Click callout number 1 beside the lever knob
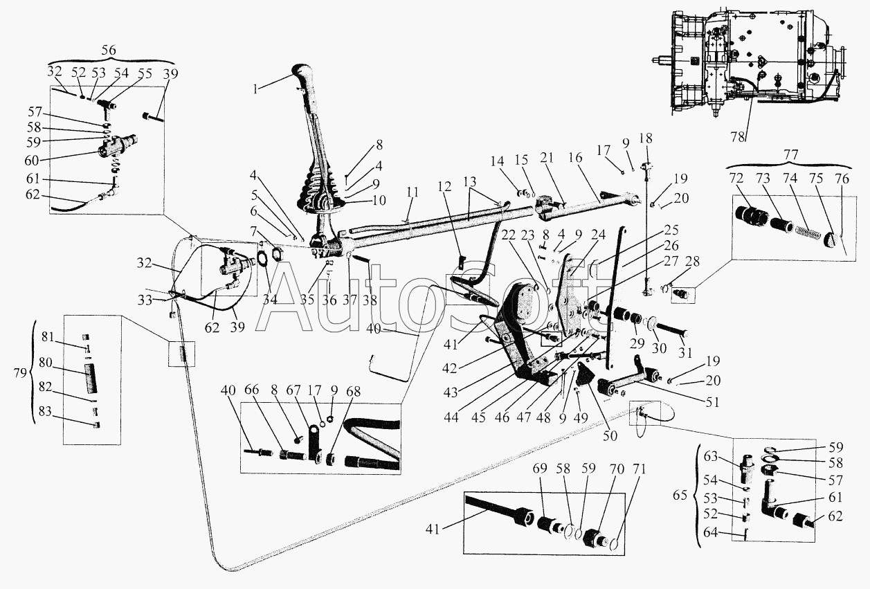click(x=255, y=90)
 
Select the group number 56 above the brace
click(x=109, y=50)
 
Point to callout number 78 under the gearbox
click(x=738, y=137)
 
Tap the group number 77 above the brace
click(x=791, y=155)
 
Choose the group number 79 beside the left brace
click(x=20, y=373)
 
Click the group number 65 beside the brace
click(x=680, y=496)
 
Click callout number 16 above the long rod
click(x=576, y=158)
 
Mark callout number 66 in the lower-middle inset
click(x=253, y=391)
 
